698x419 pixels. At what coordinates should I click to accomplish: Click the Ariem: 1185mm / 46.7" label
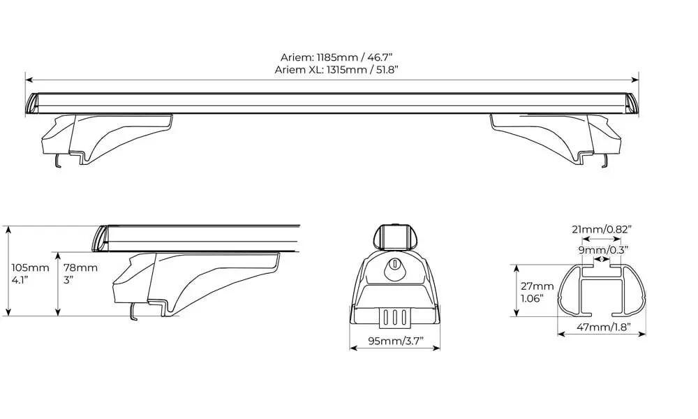click(x=336, y=57)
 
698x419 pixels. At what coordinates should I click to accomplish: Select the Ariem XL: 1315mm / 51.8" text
click(x=336, y=70)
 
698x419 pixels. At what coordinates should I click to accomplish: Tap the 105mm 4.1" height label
click(x=30, y=274)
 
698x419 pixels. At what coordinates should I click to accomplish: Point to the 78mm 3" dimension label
click(x=80, y=274)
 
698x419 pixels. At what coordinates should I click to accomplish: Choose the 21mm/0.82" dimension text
click(x=602, y=230)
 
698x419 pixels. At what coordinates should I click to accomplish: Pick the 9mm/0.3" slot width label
click(x=603, y=250)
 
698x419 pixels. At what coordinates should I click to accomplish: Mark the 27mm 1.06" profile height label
click(x=537, y=292)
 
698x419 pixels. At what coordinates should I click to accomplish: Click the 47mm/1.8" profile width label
click(x=604, y=328)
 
